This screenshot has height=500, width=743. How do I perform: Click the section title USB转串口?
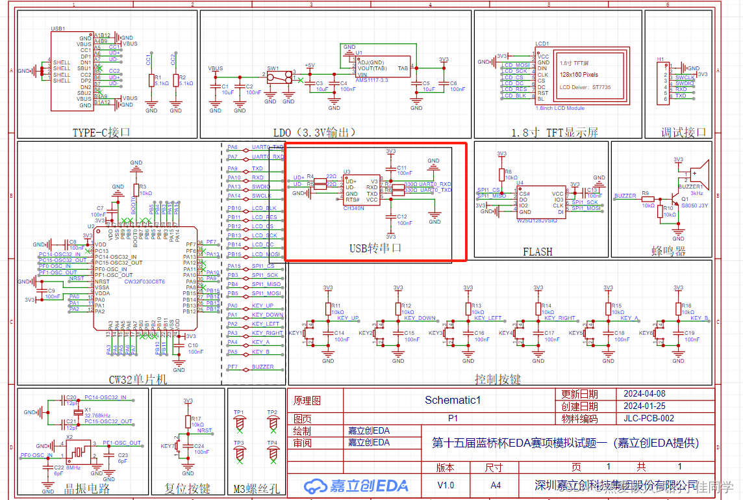pyautogui.click(x=375, y=248)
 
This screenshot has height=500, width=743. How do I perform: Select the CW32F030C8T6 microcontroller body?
pyautogui.click(x=144, y=278)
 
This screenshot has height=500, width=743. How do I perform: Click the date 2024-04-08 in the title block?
pyautogui.click(x=644, y=394)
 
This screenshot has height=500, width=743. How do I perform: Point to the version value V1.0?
pyautogui.click(x=446, y=485)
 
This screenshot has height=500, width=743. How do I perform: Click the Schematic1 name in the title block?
pyautogui.click(x=452, y=400)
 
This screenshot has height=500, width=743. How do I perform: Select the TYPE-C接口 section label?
pyautogui.click(x=101, y=132)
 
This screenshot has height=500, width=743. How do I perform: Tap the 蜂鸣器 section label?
pyautogui.click(x=668, y=251)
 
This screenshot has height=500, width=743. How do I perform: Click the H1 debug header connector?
pyautogui.click(x=665, y=81)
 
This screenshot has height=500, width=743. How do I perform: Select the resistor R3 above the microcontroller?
pyautogui.click(x=136, y=190)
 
